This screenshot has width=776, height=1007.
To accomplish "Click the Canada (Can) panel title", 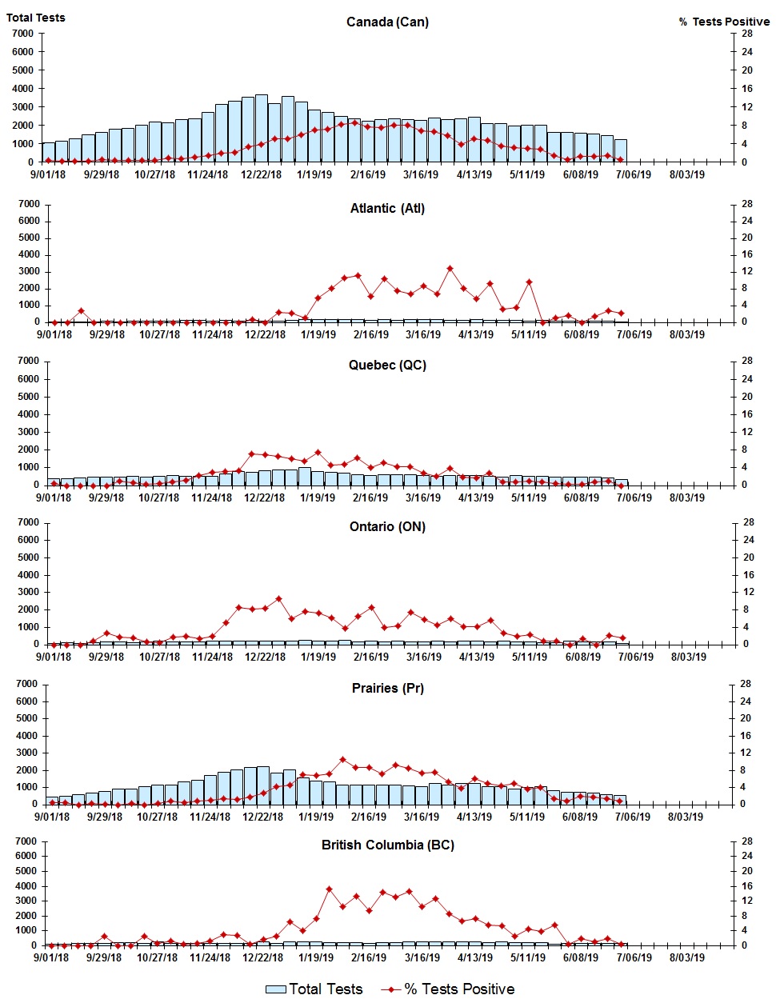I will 387,22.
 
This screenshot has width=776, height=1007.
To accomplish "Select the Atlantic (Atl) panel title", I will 387,209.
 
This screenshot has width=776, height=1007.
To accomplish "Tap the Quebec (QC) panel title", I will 387,366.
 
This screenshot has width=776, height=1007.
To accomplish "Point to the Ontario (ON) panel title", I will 387,527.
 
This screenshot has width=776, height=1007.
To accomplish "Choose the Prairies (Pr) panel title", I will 387,689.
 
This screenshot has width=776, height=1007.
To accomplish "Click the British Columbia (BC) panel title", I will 387,845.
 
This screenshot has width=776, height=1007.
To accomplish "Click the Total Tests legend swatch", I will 275,990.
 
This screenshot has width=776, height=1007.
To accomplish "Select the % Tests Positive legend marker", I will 390,990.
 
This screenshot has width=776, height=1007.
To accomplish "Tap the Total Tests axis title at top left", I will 36,18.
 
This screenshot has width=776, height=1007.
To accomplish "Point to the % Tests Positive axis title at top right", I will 724,22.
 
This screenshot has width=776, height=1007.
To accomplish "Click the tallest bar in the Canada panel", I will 262,128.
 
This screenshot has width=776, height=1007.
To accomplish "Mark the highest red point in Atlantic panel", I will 450,269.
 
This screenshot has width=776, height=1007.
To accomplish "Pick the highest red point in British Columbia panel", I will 329,889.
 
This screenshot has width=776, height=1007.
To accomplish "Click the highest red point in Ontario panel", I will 278,598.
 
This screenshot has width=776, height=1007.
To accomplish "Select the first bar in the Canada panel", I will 49,152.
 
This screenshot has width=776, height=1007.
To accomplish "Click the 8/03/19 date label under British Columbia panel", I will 686,957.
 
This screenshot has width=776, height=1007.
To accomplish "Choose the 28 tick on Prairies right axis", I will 746,685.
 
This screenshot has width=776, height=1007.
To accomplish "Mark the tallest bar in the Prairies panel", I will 262,785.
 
